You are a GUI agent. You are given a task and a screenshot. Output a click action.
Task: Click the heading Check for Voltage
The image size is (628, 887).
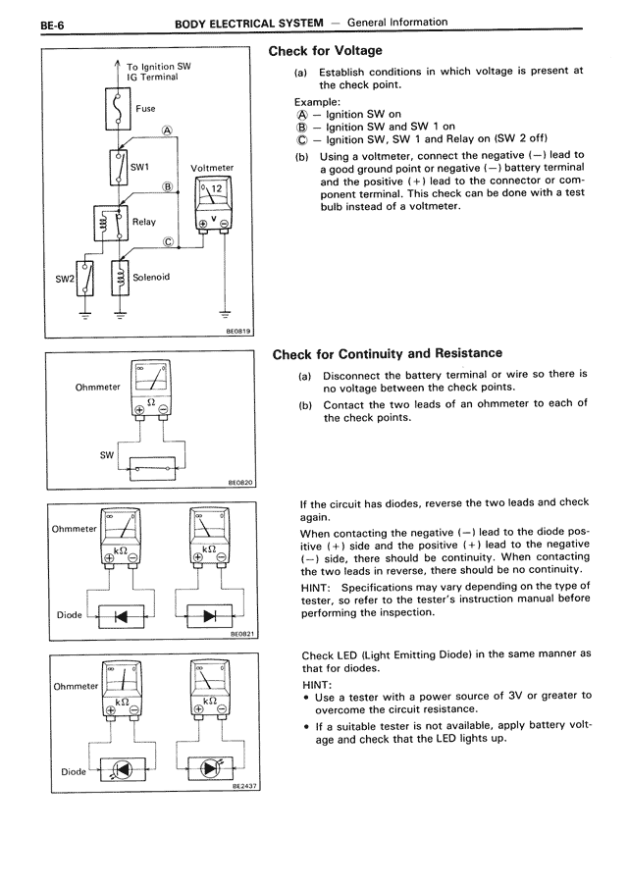click(325, 51)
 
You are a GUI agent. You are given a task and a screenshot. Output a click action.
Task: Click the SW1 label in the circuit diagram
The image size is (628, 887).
click(139, 168)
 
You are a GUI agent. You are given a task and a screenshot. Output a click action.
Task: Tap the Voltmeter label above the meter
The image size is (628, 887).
click(210, 167)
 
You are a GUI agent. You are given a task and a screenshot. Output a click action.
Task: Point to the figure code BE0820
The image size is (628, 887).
click(240, 483)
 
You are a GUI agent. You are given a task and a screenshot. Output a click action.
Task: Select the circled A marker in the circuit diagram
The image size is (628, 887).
click(168, 130)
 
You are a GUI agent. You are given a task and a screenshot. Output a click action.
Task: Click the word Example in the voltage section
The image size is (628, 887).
click(318, 101)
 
